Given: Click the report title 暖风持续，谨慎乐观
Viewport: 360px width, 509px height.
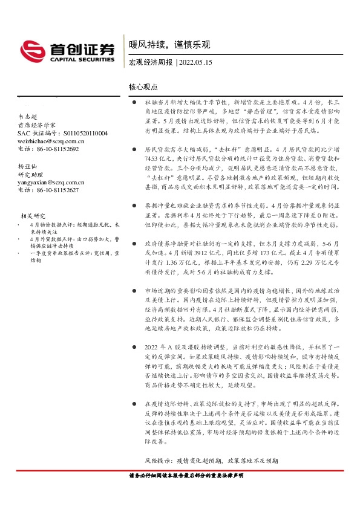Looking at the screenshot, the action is (170, 45).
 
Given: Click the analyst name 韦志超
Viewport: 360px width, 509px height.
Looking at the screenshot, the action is (28, 116).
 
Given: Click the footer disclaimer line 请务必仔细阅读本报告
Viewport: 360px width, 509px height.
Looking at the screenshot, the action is (186, 476).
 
